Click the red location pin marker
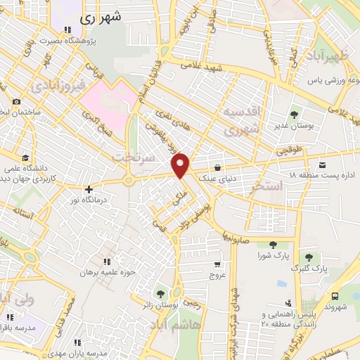tap(181, 166)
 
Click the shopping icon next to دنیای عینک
tap(219, 168)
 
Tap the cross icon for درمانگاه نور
tap(88, 189)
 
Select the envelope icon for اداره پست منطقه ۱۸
tap(323, 165)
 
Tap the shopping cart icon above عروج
tap(217, 265)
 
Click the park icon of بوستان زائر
tap(162, 292)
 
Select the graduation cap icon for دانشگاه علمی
tap(25, 157)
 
